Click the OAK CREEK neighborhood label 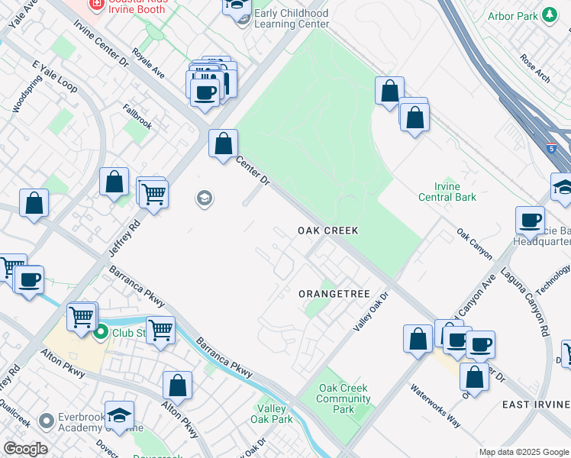coord(327,230)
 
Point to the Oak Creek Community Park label coord(344,398)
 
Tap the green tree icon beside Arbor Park coord(549,15)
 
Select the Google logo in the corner coord(25,449)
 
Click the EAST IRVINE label coord(537,404)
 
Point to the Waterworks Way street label coord(435,398)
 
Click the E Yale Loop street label coord(55,77)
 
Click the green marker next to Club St coord(101,333)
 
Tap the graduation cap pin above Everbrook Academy coord(119,415)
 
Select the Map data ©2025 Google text coord(524,452)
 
